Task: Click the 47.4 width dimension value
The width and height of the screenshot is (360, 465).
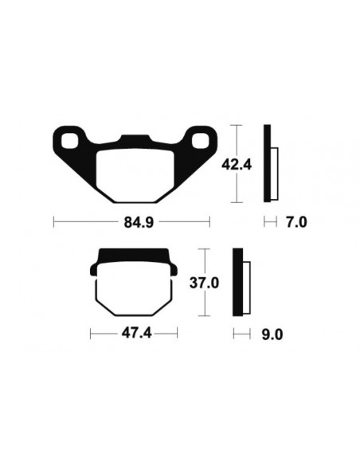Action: pyautogui.click(x=134, y=334)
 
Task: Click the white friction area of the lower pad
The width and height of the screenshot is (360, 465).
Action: pyautogui.click(x=134, y=289)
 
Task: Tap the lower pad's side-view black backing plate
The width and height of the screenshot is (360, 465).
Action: pyautogui.click(x=237, y=283)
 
